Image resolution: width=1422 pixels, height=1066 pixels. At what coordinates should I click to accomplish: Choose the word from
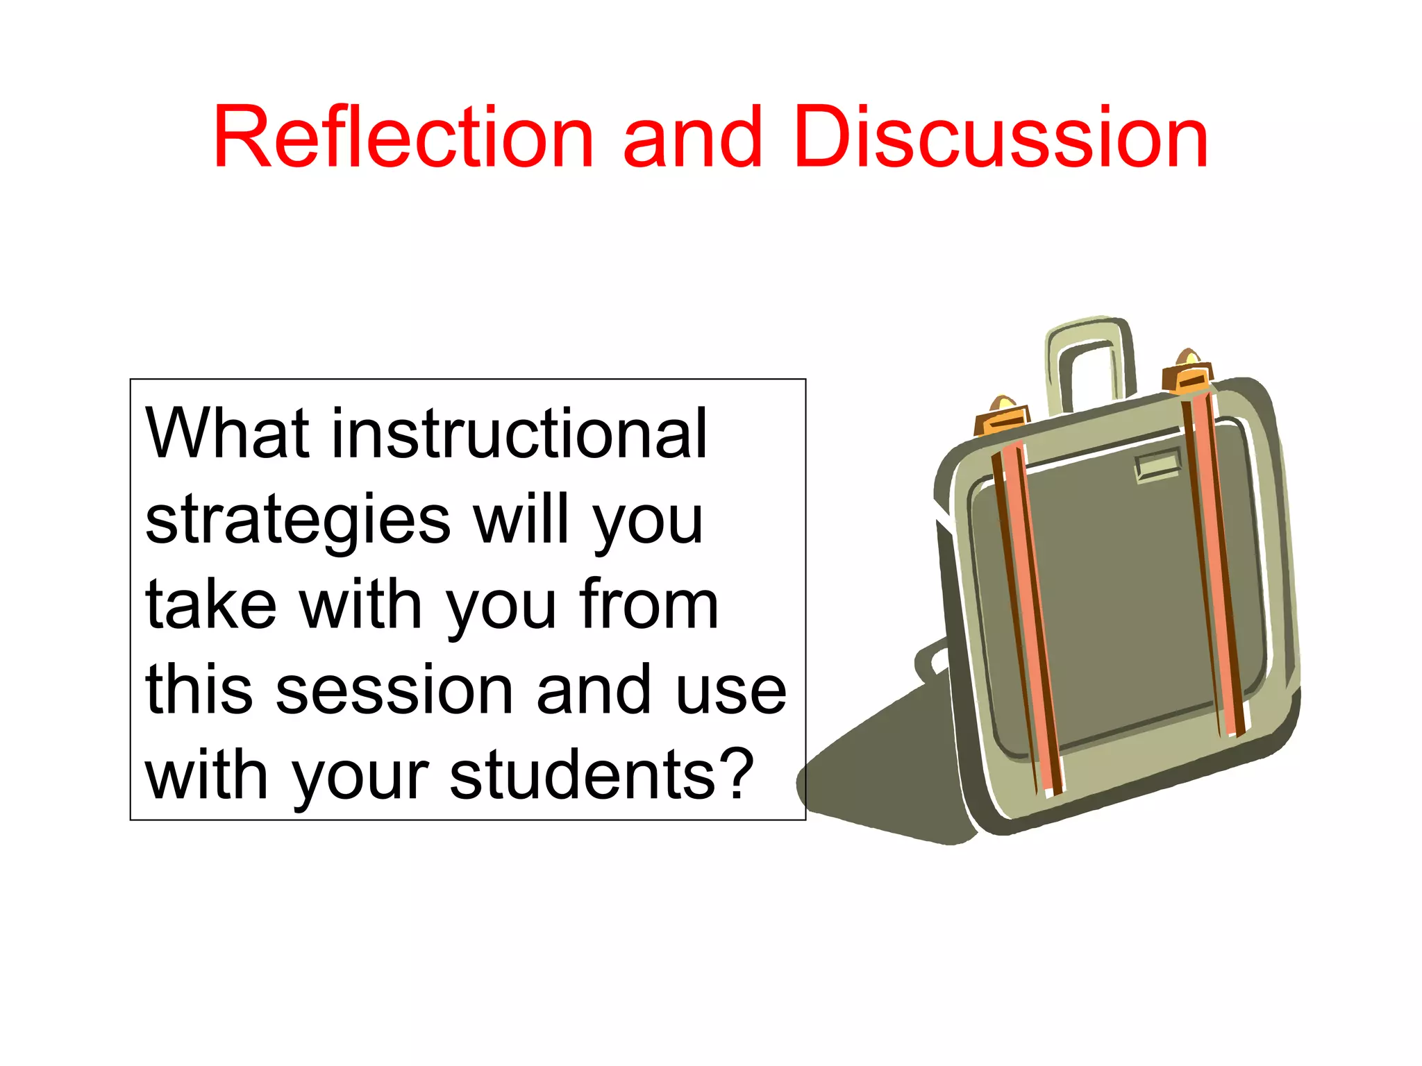[649, 605]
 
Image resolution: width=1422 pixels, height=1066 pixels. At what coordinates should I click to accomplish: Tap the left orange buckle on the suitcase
[1002, 416]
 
